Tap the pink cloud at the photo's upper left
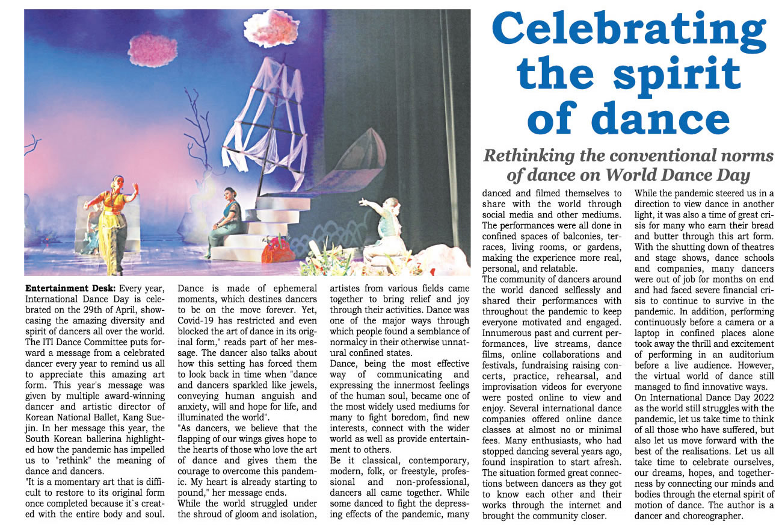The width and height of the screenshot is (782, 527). click(x=153, y=50)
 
